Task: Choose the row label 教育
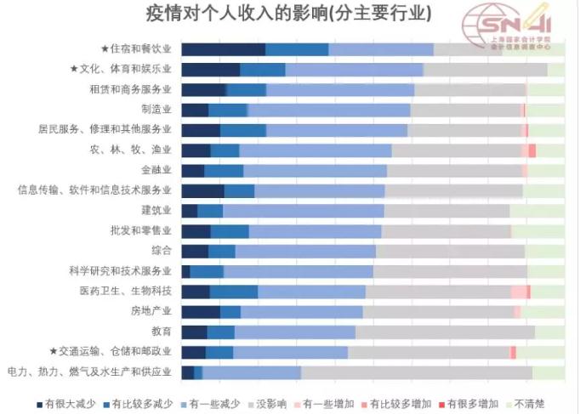[x=162, y=332]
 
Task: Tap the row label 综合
[x=162, y=251]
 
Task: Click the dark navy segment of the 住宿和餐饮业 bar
[x=223, y=49]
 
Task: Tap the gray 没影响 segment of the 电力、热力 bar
[x=416, y=372]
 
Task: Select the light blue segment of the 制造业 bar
[x=328, y=110]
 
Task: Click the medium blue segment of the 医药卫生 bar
[x=234, y=292]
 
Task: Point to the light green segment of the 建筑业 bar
[x=537, y=211]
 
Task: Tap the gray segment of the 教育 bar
[x=445, y=332]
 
